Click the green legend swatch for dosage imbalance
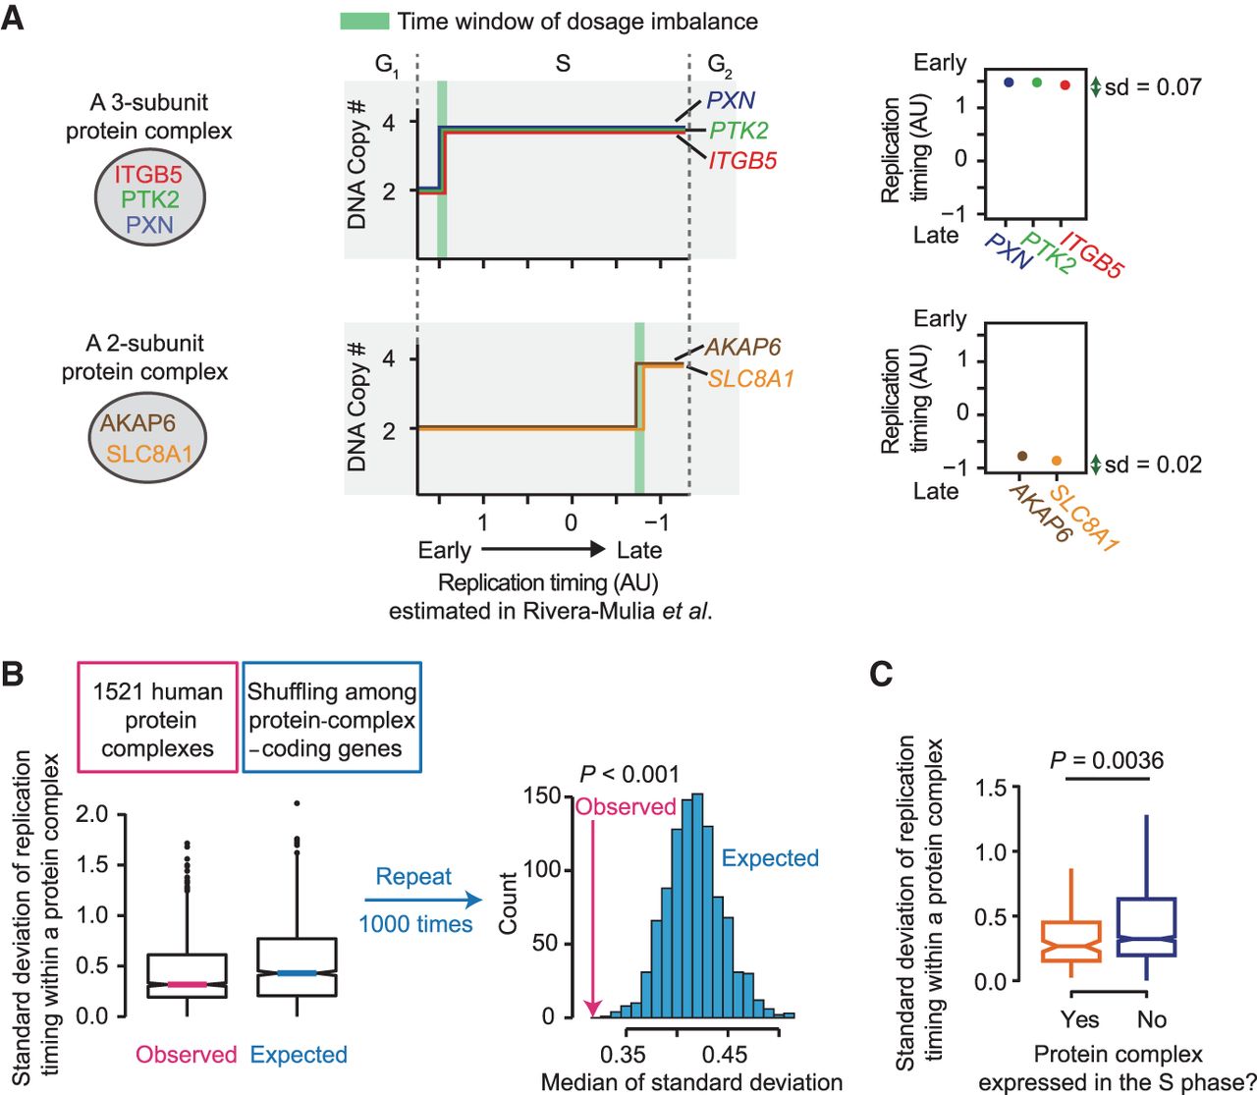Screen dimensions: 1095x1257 (363, 21)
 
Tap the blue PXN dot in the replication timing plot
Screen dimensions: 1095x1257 (1009, 82)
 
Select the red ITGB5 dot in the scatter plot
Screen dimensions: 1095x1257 (1065, 85)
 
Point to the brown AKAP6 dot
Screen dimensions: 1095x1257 (1022, 456)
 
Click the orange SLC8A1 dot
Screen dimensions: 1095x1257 (1057, 460)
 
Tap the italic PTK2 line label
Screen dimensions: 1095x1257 (738, 130)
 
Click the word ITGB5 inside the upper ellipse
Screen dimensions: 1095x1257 (148, 176)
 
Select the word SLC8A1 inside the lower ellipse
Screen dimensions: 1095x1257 (149, 454)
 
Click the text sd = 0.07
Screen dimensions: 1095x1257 (1153, 87)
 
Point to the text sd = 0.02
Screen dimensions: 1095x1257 (1153, 465)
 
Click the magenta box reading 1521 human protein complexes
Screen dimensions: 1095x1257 (158, 719)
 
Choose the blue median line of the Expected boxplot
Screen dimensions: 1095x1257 (296, 972)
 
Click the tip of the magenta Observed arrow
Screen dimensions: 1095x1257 (593, 1013)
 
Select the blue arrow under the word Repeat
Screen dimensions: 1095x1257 (423, 900)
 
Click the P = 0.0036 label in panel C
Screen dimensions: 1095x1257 (1107, 760)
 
